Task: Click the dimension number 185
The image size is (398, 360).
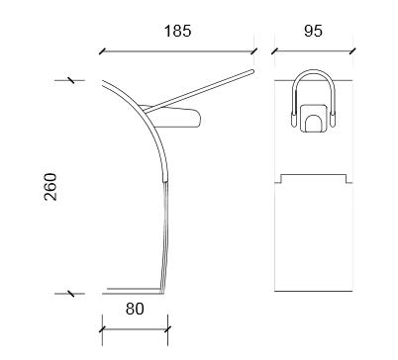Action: (x=177, y=31)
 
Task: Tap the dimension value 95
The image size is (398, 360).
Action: (x=313, y=31)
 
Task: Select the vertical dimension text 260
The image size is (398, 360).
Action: (x=50, y=187)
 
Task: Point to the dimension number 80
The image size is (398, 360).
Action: (x=135, y=309)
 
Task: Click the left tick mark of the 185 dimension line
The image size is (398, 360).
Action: (x=102, y=51)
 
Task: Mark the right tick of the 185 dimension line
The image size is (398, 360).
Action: (x=253, y=51)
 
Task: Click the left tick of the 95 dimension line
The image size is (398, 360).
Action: (x=274, y=51)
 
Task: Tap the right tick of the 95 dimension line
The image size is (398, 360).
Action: (x=352, y=51)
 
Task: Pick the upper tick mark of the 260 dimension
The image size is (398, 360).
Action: (x=70, y=80)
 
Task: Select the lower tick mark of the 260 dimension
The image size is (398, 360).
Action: (x=70, y=293)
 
